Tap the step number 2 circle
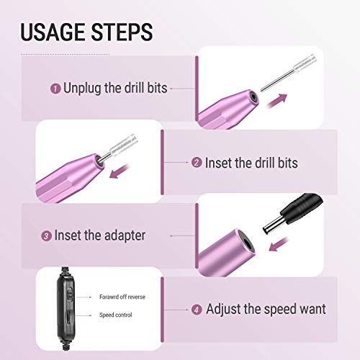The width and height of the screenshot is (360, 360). tap(197, 163)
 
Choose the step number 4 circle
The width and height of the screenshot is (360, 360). tap(197, 310)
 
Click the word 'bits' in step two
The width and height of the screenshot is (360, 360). tap(284, 163)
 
